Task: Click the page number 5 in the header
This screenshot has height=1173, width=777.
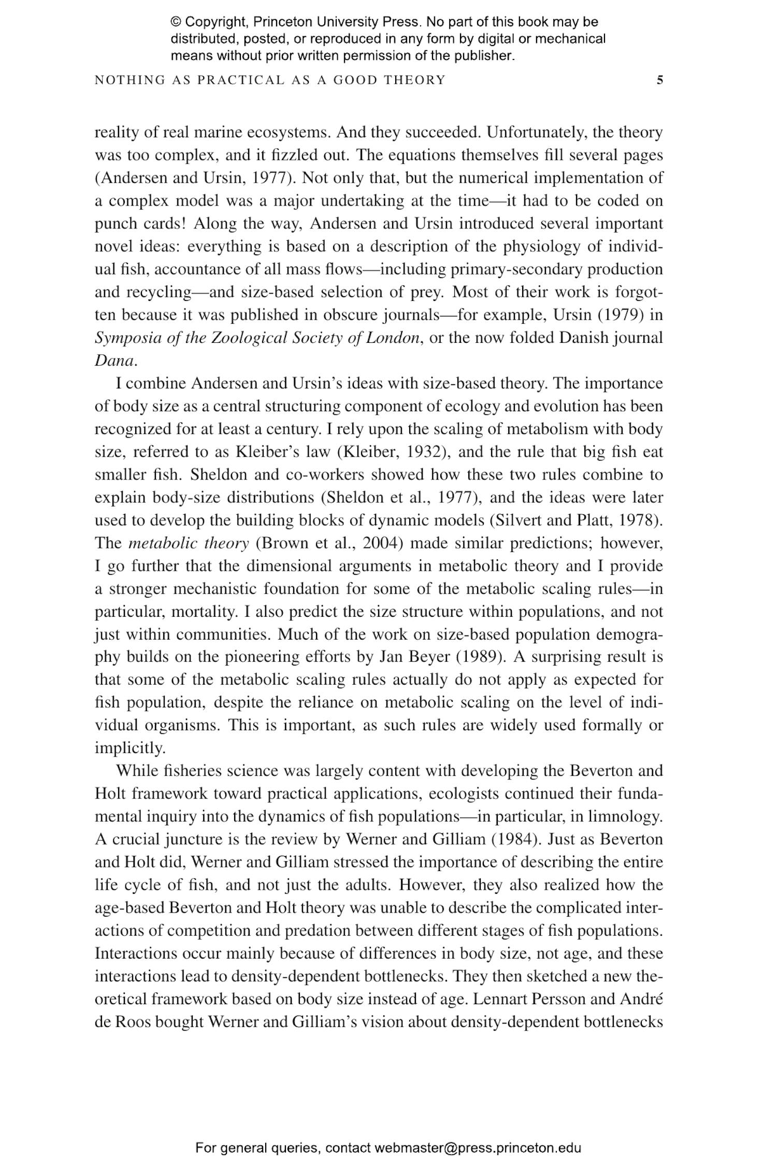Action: click(x=659, y=80)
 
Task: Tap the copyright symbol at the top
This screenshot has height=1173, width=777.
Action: click(x=176, y=22)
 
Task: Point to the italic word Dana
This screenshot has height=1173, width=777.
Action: click(x=114, y=361)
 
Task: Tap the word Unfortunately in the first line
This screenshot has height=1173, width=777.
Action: click(x=534, y=133)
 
